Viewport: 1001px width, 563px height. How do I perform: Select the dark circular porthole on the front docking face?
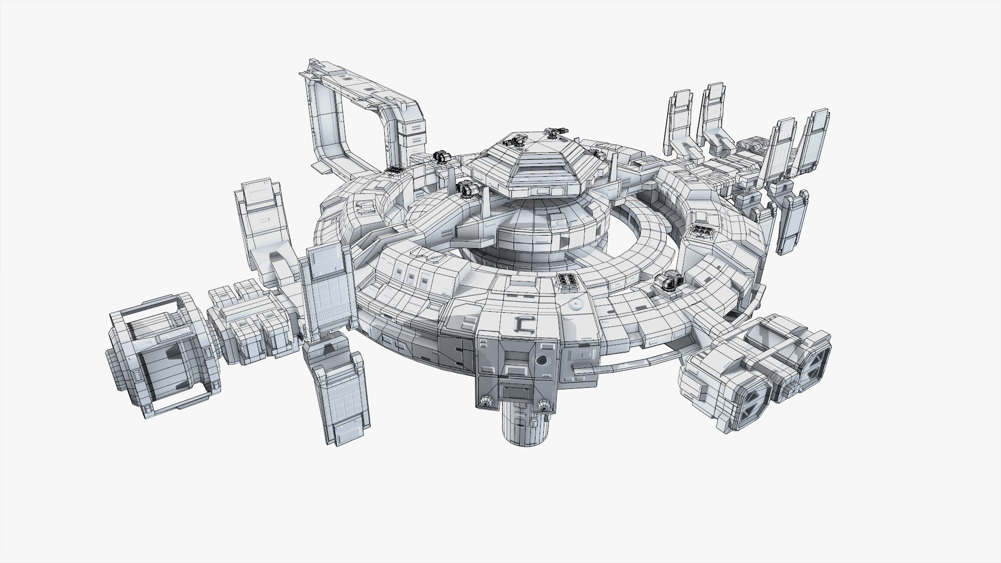[x=543, y=360]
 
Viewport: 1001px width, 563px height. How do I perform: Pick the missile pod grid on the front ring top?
[x=567, y=281]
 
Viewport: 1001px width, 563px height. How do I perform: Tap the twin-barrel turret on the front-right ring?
[x=669, y=281]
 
